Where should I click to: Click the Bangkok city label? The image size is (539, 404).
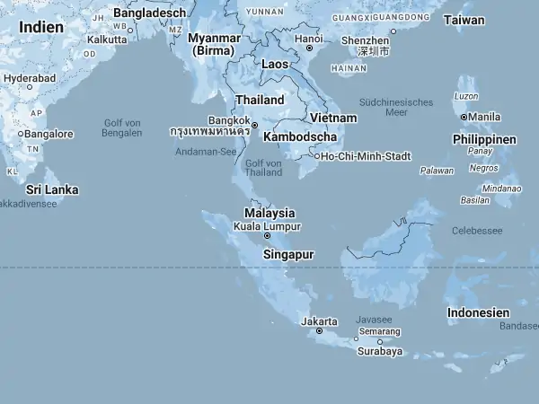point(228,119)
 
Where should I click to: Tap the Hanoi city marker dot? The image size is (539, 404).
point(309,48)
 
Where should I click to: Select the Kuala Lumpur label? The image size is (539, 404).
point(267,226)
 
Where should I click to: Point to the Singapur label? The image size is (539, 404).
point(288,255)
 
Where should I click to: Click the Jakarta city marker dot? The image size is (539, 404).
point(320,331)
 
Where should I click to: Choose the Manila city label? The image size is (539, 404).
point(484,117)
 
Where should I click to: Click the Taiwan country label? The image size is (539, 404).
point(464,20)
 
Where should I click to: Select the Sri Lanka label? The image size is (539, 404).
point(52,189)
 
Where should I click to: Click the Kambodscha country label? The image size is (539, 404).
point(300,137)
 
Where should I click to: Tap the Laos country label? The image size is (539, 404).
point(275,65)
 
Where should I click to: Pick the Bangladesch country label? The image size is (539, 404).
point(149,13)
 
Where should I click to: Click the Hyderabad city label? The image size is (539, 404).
point(30,78)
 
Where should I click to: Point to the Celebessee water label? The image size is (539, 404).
point(477,231)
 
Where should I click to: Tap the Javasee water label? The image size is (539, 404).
point(374,319)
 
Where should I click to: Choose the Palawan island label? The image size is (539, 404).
point(437,170)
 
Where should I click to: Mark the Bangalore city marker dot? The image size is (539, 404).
point(21,135)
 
